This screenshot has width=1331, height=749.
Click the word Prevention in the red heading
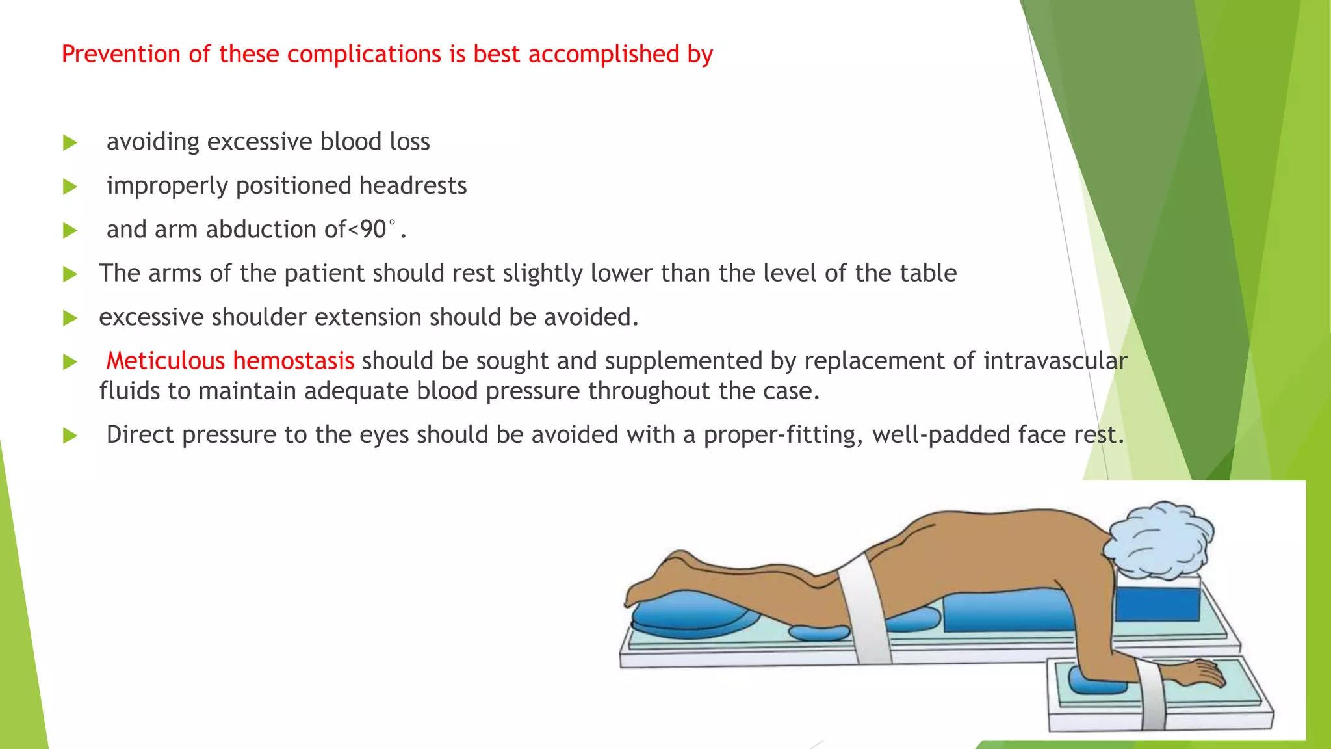122,54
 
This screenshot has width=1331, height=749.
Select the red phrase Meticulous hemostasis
230,361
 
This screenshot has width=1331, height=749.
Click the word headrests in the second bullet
413,186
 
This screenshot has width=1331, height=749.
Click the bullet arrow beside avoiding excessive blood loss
70,143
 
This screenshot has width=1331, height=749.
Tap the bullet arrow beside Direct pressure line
70,436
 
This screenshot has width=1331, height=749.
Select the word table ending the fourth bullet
928,274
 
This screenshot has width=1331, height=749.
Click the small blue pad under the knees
819,631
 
